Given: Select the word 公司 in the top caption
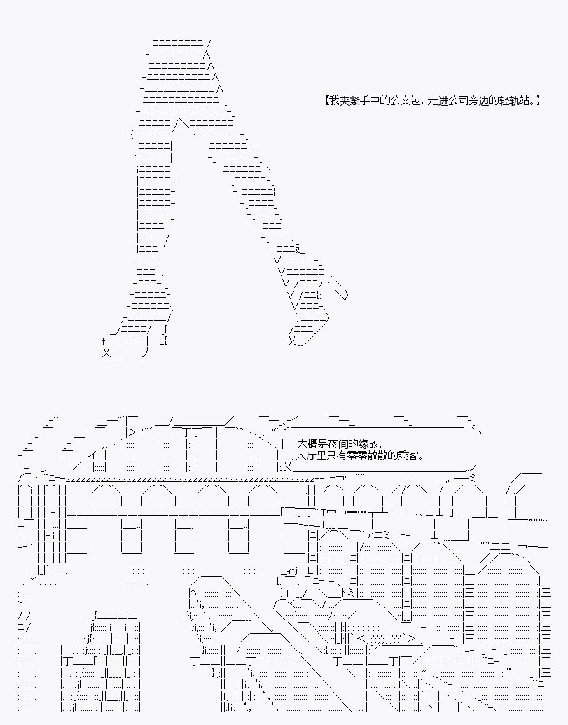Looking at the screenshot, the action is [462, 100].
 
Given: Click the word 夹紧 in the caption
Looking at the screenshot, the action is [350, 100].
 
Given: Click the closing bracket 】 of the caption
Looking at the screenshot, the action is [538, 100].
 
